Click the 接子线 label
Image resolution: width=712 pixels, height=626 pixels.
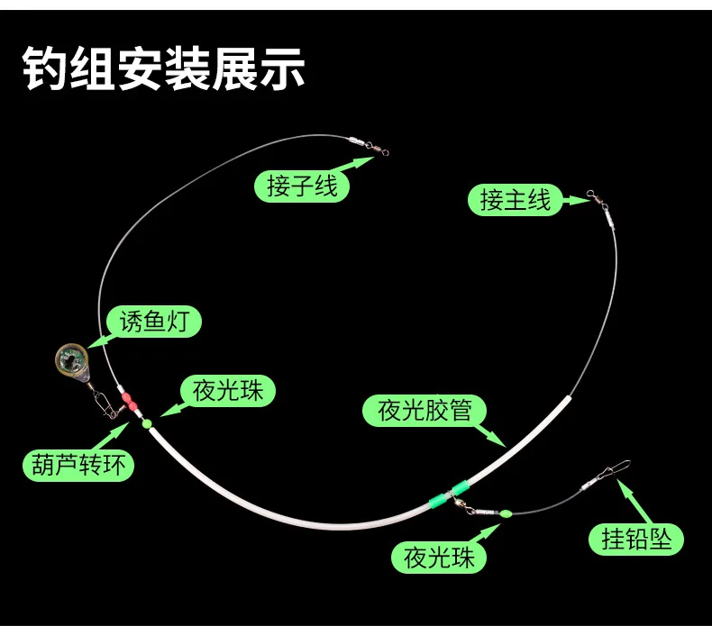pyautogui.click(x=303, y=185)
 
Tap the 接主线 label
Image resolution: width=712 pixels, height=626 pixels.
pyautogui.click(x=515, y=199)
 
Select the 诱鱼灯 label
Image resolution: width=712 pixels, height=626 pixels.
pyautogui.click(x=154, y=322)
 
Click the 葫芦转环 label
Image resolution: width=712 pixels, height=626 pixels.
pyautogui.click(x=78, y=465)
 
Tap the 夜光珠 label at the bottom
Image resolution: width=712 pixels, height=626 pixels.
pyautogui.click(x=439, y=557)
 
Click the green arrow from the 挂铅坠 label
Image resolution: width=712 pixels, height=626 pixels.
pyautogui.click(x=628, y=497)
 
